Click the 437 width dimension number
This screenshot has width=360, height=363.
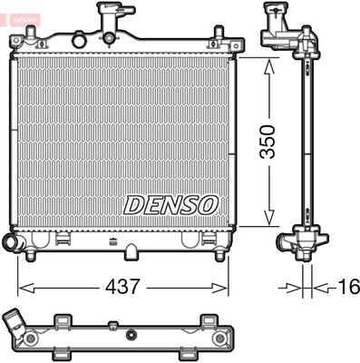point(123,287)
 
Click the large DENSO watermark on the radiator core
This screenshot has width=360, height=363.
point(171,204)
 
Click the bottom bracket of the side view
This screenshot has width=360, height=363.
point(303,243)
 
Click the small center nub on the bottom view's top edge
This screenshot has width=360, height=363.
point(112,324)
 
